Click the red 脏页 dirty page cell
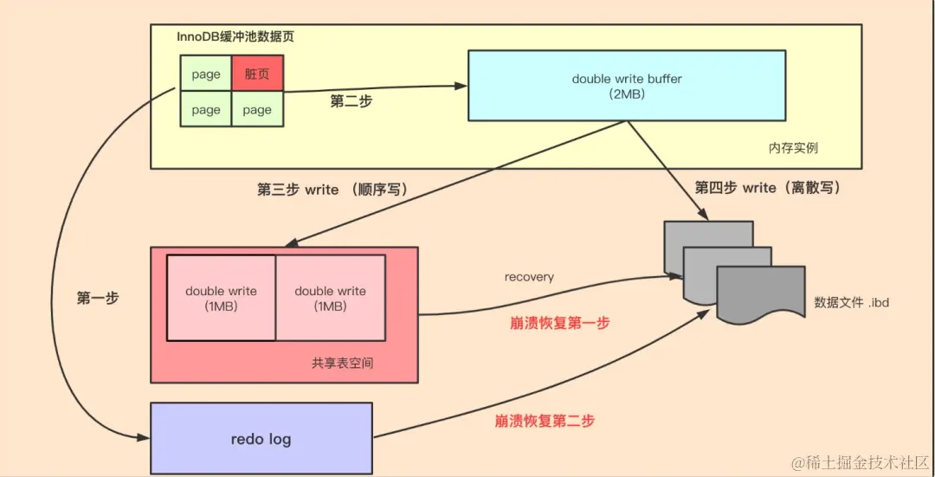257,74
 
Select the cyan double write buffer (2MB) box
627,85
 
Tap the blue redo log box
261,438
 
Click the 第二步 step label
351,101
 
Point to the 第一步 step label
98,298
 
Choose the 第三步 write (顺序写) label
332,190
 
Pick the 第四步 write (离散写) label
768,188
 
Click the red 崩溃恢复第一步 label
559,322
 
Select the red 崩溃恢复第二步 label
545,421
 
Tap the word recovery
529,277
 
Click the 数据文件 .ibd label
852,303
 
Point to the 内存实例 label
793,148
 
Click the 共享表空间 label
343,363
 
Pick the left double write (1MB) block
221,298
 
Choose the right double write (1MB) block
330,298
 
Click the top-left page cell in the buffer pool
206,74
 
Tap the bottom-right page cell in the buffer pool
257,110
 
